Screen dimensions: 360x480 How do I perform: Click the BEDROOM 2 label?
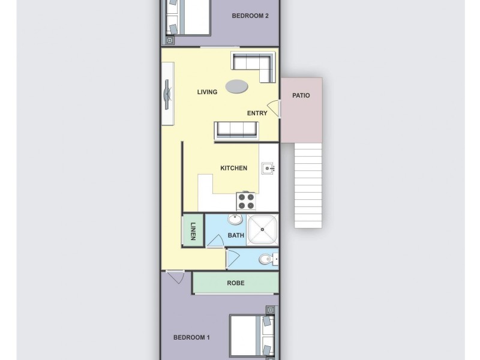[250, 16]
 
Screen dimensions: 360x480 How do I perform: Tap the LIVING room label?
[207, 92]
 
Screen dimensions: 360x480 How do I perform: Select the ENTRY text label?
[257, 113]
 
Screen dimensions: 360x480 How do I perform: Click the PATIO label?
[301, 95]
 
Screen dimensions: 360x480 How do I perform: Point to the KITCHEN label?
[233, 168]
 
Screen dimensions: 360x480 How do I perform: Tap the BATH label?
[236, 235]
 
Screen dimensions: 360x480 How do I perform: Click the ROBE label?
[235, 283]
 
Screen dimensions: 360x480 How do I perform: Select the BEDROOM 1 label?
[191, 337]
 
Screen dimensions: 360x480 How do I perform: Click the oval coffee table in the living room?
[236, 87]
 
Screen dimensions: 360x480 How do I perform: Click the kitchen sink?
[268, 169]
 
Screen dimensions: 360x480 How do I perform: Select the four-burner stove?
[247, 200]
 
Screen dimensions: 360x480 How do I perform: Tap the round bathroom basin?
[235, 220]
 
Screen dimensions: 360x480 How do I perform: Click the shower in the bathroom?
[263, 229]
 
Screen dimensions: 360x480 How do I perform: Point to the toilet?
[265, 260]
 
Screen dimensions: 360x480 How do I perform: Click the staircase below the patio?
[308, 186]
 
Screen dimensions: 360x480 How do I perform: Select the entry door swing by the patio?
[273, 109]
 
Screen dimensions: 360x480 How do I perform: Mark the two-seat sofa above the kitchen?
[236, 130]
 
